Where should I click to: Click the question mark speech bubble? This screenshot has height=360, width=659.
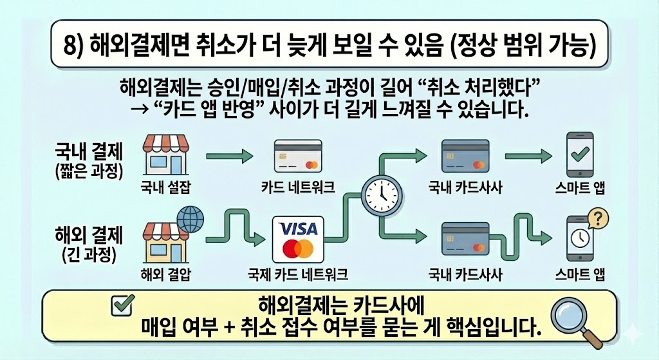pos(599,218)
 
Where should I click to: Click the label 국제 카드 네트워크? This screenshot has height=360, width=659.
pos(298,274)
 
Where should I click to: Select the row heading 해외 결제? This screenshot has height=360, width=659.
pos(88,234)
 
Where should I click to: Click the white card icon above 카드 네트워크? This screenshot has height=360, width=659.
pos(297,156)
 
